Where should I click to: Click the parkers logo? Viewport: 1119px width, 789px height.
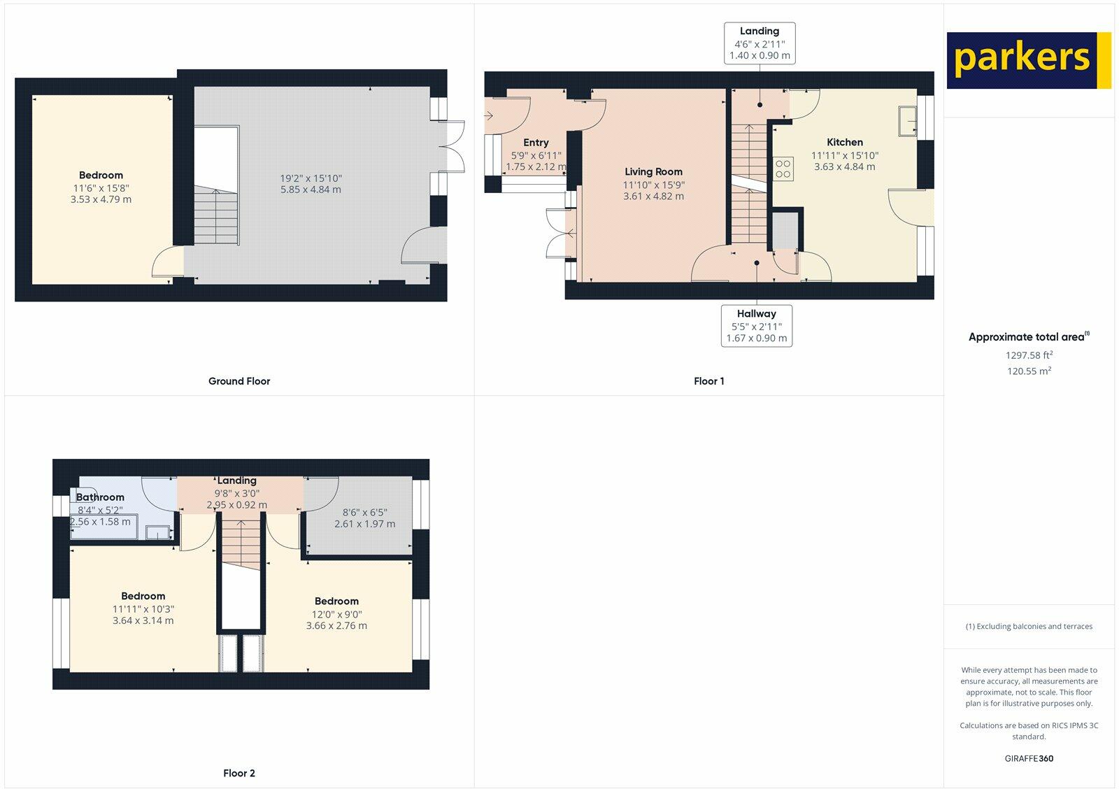click(1028, 60)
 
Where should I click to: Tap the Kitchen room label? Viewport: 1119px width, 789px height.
click(844, 142)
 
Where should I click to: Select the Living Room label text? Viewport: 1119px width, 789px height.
click(653, 171)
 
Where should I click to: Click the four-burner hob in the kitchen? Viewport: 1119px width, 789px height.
click(783, 168)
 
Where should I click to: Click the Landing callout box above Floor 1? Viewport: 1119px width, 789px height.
click(760, 43)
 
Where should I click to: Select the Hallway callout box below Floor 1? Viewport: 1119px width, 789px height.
click(756, 325)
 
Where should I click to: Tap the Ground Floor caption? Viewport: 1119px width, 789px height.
click(239, 381)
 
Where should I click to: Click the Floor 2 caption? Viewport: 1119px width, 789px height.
click(239, 773)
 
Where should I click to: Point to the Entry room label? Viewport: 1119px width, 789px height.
click(536, 143)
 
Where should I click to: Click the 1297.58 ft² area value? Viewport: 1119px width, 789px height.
click(1029, 355)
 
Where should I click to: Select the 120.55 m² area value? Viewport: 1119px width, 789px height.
click(1029, 371)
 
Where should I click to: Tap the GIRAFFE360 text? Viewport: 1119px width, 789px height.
click(1029, 758)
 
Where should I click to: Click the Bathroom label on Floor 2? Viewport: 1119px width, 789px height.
click(100, 497)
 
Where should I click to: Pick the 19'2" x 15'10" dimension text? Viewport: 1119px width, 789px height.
click(311, 178)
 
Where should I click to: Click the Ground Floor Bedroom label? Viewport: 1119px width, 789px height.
click(101, 176)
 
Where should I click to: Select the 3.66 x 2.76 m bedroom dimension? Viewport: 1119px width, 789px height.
click(336, 625)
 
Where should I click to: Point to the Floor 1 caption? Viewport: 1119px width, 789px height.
click(708, 381)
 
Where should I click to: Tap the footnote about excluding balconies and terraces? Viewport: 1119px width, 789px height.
click(1029, 626)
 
